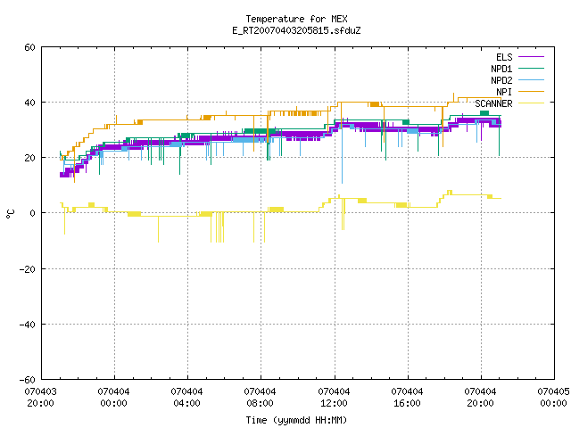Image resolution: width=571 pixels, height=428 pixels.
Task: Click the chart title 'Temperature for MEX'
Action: [296, 19]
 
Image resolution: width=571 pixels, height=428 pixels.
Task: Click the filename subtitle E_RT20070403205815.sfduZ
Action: [296, 30]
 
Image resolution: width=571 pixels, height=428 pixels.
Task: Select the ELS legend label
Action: [504, 57]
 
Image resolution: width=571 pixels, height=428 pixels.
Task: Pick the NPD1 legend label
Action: [501, 69]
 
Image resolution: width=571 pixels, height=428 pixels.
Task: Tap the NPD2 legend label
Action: [501, 80]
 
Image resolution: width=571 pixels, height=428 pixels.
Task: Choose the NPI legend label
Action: [504, 92]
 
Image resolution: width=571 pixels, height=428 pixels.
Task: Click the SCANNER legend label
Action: [493, 103]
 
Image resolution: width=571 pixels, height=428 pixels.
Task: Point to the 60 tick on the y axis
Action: [29, 47]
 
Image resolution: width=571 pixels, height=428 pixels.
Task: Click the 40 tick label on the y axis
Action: [29, 103]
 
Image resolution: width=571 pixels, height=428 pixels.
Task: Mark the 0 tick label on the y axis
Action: [32, 213]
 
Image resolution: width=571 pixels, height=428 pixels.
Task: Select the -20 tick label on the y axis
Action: [28, 269]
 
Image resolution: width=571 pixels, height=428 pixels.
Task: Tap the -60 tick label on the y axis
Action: [28, 380]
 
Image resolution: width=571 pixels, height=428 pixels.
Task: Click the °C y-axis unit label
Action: [10, 214]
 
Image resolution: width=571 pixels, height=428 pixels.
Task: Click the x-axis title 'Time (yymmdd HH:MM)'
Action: [296, 420]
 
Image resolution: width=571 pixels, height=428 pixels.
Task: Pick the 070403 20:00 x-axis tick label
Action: [41, 398]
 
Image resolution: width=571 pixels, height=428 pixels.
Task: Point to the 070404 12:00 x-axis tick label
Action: [334, 398]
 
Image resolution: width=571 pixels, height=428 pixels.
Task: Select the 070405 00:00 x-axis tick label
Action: [553, 398]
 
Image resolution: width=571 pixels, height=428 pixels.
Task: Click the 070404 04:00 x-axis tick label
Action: [187, 398]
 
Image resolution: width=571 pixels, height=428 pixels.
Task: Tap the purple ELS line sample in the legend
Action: [531, 57]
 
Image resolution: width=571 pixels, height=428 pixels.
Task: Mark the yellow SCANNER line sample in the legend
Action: [531, 103]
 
